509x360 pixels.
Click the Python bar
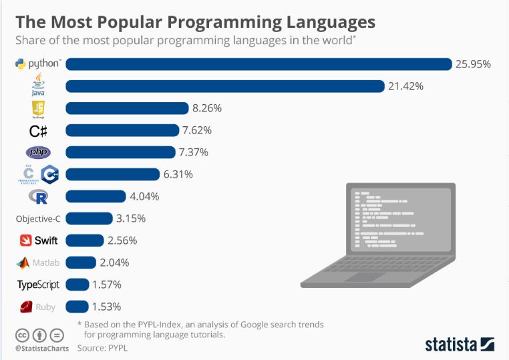click(x=259, y=64)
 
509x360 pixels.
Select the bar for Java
click(x=225, y=86)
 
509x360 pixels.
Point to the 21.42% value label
click(x=407, y=86)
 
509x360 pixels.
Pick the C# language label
click(x=38, y=130)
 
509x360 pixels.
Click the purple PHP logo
click(x=38, y=152)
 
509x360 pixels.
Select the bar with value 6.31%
click(x=112, y=174)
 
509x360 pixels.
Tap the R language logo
click(x=38, y=196)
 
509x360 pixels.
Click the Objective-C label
click(x=38, y=218)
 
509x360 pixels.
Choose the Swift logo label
click(x=38, y=240)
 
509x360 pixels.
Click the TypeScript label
click(x=38, y=285)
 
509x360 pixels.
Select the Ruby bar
click(x=77, y=307)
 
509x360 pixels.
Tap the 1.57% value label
click(x=107, y=285)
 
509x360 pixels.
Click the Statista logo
click(x=459, y=344)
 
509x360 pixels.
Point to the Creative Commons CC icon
click(x=22, y=335)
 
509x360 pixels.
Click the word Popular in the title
click(x=120, y=21)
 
